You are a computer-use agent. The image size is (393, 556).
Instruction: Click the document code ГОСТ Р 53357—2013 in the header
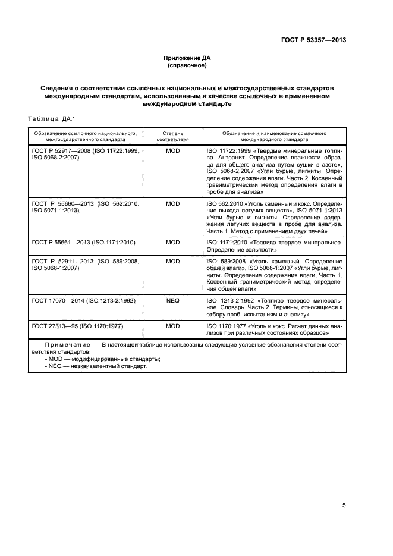pyautogui.click(x=313, y=40)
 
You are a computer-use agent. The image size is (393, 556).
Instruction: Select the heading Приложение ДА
pyautogui.click(x=187, y=58)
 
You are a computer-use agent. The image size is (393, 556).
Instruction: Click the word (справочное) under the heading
pyautogui.click(x=187, y=65)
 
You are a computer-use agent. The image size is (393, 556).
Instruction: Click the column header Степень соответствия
pyautogui.click(x=173, y=136)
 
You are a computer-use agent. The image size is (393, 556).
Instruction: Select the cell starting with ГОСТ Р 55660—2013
pyautogui.click(x=86, y=207)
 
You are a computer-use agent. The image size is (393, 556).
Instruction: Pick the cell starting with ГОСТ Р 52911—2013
pyautogui.click(x=86, y=265)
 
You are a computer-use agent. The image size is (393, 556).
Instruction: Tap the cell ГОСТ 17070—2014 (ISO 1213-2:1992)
pyautogui.click(x=83, y=302)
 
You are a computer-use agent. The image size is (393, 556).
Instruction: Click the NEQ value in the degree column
pyautogui.click(x=173, y=302)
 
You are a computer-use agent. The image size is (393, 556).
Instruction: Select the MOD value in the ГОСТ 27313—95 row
pyautogui.click(x=173, y=326)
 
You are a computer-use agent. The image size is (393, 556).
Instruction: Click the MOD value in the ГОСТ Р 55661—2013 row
pyautogui.click(x=173, y=243)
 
